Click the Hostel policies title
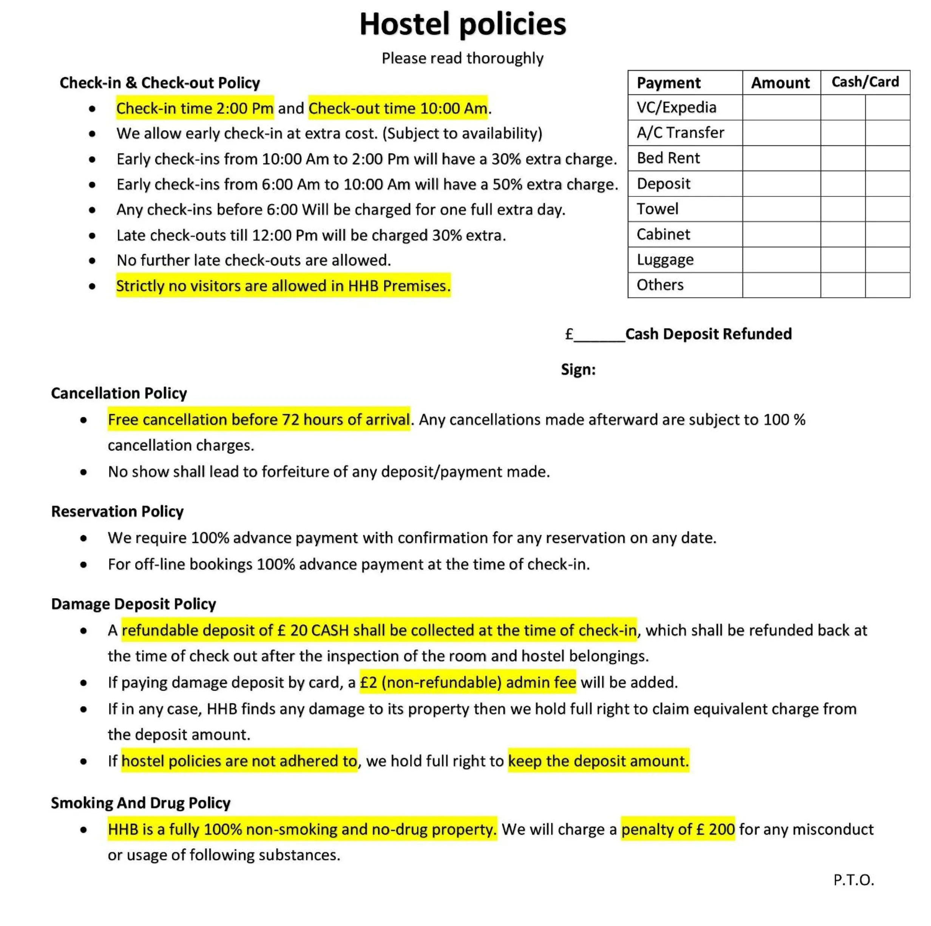pos(463,24)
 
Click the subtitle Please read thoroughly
pos(463,58)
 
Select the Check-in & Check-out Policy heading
pos(159,83)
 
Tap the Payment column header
pos(669,83)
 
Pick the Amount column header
pos(780,83)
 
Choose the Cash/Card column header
pos(865,82)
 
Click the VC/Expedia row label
pos(676,107)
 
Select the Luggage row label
pos(665,260)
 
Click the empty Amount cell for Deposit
pos(781,184)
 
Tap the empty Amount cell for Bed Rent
pos(781,158)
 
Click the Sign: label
pos(578,370)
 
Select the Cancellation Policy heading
pos(119,393)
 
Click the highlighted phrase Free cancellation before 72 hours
pos(259,420)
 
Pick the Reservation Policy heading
pos(117,511)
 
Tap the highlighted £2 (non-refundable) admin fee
pos(468,682)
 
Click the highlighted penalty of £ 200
pos(678,829)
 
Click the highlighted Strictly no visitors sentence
pos(283,286)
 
